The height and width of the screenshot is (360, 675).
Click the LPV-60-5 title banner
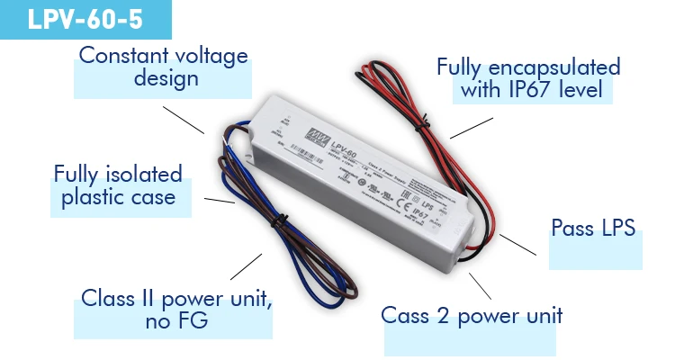[x=85, y=20]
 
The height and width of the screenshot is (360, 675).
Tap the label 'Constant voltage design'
[x=163, y=67]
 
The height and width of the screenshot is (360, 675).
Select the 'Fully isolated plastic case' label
[x=118, y=184]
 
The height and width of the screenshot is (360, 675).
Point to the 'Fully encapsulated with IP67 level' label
[x=527, y=78]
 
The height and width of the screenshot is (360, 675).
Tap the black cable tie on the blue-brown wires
[x=280, y=219]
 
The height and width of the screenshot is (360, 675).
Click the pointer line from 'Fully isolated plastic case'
[x=220, y=200]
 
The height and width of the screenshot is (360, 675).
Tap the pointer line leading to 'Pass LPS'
[x=520, y=246]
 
